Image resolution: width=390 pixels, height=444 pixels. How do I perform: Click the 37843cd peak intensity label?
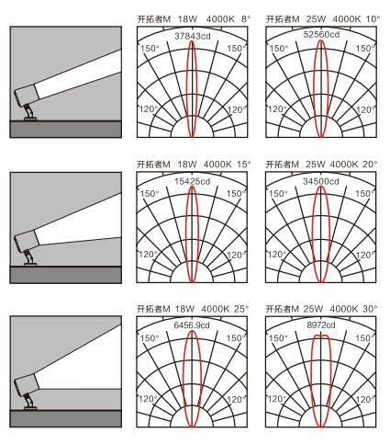pyautogui.click(x=193, y=36)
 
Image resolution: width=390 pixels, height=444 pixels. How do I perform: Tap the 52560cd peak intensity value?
pyautogui.click(x=321, y=34)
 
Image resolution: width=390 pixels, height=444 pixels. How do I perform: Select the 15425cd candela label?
pyautogui.click(x=192, y=181)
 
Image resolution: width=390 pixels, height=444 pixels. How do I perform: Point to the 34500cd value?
pyautogui.click(x=321, y=181)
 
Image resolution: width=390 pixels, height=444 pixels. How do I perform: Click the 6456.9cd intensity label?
pyautogui.click(x=192, y=324)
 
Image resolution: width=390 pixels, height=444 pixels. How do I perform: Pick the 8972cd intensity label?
pyautogui.click(x=321, y=324)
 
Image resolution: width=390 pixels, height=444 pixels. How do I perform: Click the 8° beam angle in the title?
pyautogui.click(x=246, y=19)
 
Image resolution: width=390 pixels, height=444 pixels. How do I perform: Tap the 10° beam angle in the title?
pyautogui.click(x=373, y=19)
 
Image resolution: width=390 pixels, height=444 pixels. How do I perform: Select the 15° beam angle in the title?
pyautogui.click(x=243, y=165)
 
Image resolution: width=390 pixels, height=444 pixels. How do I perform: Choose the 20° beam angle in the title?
pyautogui.click(x=370, y=165)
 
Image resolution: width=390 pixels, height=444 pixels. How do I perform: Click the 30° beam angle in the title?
pyautogui.click(x=370, y=309)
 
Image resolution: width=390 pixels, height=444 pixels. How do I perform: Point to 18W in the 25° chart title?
pyautogui.click(x=184, y=309)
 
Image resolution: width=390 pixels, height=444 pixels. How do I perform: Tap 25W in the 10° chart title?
pyautogui.click(x=316, y=19)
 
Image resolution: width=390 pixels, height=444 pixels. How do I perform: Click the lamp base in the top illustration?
pyautogui.click(x=30, y=118)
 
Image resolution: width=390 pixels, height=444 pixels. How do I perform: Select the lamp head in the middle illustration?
pyautogui.click(x=27, y=240)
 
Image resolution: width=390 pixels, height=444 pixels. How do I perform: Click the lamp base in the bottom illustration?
pyautogui.click(x=30, y=408)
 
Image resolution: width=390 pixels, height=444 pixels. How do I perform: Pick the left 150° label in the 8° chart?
pyautogui.click(x=150, y=49)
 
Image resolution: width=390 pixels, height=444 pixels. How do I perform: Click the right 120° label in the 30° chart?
pyautogui.click(x=365, y=399)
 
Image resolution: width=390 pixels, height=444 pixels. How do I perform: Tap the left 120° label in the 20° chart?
pyautogui.click(x=277, y=255)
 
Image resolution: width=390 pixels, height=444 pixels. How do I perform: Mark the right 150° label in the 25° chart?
pyautogui.click(x=236, y=338)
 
